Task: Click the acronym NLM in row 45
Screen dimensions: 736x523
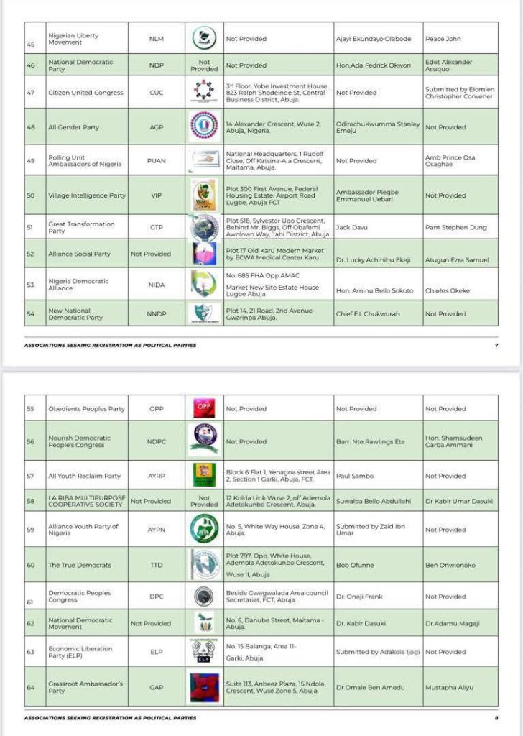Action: pos(156,39)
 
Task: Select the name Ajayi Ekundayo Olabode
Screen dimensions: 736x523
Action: pos(374,39)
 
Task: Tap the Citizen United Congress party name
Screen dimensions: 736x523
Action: pos(85,93)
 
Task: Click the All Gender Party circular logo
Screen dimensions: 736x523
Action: pos(204,126)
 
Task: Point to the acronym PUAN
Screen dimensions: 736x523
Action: pos(156,161)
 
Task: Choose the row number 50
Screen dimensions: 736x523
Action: pos(30,195)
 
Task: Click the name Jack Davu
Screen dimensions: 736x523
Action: pos(350,227)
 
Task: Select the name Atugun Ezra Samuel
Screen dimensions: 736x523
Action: pos(456,260)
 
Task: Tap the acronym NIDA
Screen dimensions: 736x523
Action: pos(156,285)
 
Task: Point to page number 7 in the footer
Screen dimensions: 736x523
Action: pos(496,345)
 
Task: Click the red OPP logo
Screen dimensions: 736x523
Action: pos(204,407)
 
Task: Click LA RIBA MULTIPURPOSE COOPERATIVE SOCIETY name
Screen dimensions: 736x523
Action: pos(87,501)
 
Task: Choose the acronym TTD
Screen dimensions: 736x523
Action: pos(156,566)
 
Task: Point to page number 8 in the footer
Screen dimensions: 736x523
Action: pos(496,717)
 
